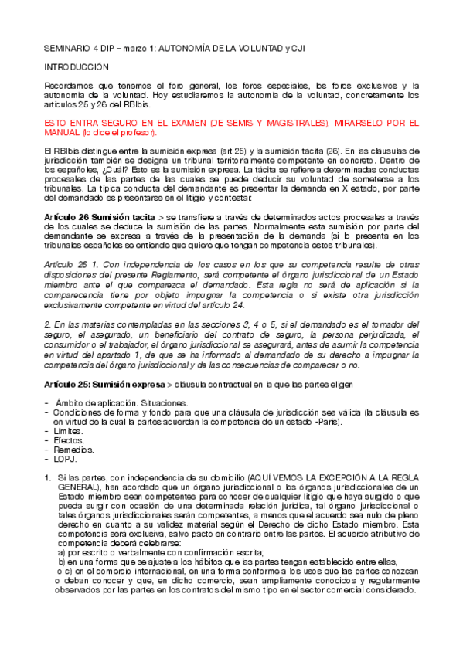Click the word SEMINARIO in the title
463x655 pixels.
66,48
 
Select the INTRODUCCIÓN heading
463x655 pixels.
76,67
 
